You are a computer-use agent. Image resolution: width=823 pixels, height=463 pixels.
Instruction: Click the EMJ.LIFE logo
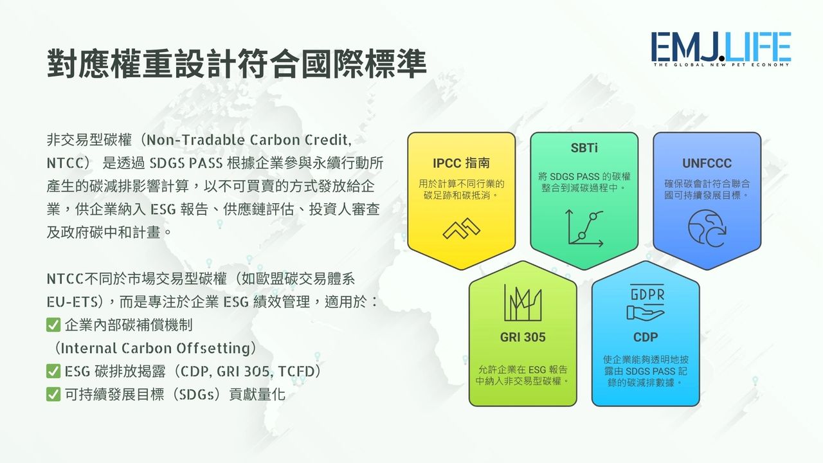click(x=721, y=50)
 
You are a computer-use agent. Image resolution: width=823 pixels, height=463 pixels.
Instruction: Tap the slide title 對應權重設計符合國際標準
click(x=237, y=64)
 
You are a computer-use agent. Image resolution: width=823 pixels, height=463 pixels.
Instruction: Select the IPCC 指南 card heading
click(x=461, y=163)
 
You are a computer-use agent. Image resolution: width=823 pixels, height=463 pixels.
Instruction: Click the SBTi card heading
click(x=584, y=148)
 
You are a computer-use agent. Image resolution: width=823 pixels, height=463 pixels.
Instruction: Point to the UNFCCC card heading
click(x=707, y=163)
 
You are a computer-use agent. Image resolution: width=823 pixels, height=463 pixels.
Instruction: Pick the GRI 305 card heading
click(x=523, y=337)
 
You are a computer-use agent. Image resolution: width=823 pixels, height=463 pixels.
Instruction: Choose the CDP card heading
click(x=646, y=337)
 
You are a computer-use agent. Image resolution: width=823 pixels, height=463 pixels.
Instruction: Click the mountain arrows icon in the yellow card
click(x=462, y=228)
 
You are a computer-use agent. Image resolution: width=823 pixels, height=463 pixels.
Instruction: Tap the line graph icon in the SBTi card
click(x=585, y=228)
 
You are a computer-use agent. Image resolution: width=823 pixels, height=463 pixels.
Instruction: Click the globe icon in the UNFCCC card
click(x=707, y=228)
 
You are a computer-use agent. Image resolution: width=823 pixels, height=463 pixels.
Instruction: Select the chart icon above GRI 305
click(x=523, y=302)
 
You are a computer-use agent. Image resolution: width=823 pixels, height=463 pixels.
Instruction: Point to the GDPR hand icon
click(x=646, y=302)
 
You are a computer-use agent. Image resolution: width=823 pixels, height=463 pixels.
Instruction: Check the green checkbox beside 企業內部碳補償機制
click(x=53, y=325)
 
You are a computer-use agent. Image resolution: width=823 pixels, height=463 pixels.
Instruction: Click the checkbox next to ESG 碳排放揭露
click(x=53, y=371)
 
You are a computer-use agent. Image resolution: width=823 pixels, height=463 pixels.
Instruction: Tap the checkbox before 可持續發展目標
click(x=53, y=394)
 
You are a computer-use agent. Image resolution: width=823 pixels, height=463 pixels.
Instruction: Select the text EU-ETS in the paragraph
click(x=72, y=302)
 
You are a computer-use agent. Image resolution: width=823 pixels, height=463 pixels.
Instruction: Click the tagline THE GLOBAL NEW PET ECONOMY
click(x=721, y=65)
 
